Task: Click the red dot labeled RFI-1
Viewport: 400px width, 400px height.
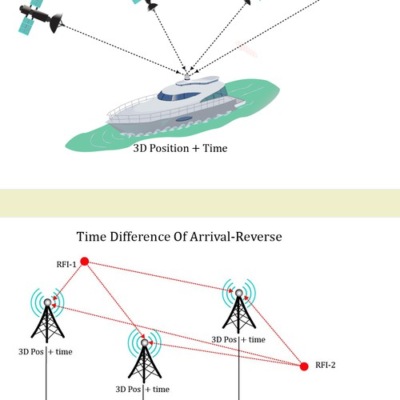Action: point(85,262)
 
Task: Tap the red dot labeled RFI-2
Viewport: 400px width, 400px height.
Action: point(304,366)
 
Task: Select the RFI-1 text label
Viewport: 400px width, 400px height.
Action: point(66,264)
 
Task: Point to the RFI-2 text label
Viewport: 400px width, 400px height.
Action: point(326,365)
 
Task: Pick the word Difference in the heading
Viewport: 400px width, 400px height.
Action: point(140,237)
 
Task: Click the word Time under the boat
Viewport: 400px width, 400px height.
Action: point(215,148)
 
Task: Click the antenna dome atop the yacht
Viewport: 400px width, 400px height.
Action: point(187,77)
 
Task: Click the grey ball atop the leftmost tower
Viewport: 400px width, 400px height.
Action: point(47,302)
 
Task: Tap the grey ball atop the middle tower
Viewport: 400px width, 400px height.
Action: point(144,342)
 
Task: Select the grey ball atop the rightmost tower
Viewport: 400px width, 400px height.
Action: point(239,293)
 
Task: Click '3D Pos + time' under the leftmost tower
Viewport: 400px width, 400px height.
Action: point(46,352)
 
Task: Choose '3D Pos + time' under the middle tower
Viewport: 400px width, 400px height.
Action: point(142,390)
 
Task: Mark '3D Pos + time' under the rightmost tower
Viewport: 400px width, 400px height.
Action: point(238,339)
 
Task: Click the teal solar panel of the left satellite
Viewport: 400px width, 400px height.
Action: point(26,26)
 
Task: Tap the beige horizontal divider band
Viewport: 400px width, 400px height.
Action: point(200,203)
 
